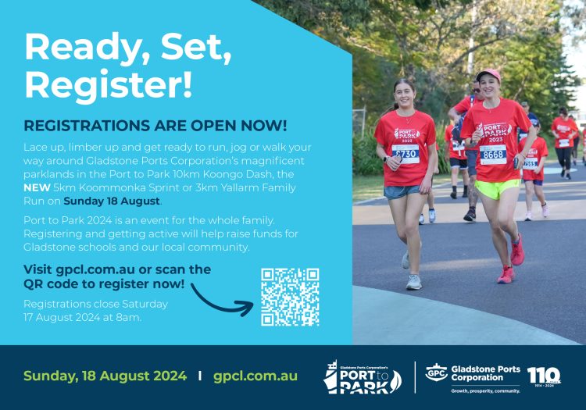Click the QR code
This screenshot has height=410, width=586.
pyautogui.click(x=290, y=297)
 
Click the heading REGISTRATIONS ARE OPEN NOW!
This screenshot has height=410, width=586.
pyautogui.click(x=155, y=126)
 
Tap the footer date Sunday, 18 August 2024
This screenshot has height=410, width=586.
pyautogui.click(x=105, y=376)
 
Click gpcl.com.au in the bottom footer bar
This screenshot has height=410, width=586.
pyautogui.click(x=255, y=376)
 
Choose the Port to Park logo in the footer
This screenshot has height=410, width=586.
pyautogui.click(x=363, y=376)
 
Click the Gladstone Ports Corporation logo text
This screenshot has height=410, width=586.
pyautogui.click(x=485, y=373)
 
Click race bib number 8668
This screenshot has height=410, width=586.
pyautogui.click(x=493, y=155)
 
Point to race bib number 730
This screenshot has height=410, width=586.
pyautogui.click(x=406, y=154)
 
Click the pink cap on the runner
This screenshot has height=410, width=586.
pyautogui.click(x=488, y=75)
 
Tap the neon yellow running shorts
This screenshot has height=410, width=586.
pyautogui.click(x=498, y=188)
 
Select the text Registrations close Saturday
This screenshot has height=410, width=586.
pyautogui.click(x=96, y=303)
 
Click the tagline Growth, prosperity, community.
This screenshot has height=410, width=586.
pyautogui.click(x=485, y=390)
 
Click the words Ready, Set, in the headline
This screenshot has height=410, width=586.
pyautogui.click(x=128, y=47)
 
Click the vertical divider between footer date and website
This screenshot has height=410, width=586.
pyautogui.click(x=200, y=376)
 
